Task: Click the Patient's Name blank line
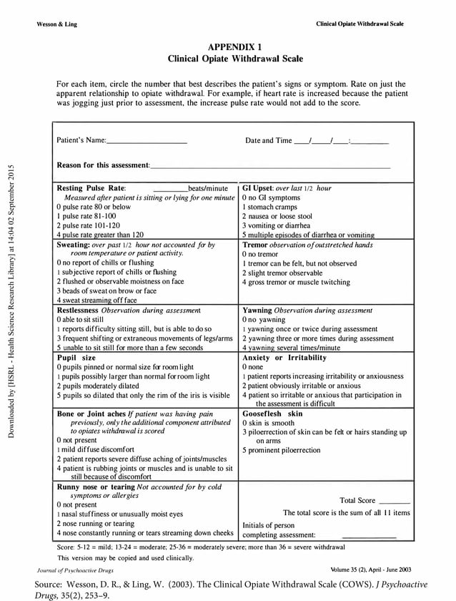[147, 141]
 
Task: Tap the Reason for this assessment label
[103, 165]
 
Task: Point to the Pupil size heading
[76, 357]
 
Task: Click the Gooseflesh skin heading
[273, 414]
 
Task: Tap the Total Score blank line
[395, 501]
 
